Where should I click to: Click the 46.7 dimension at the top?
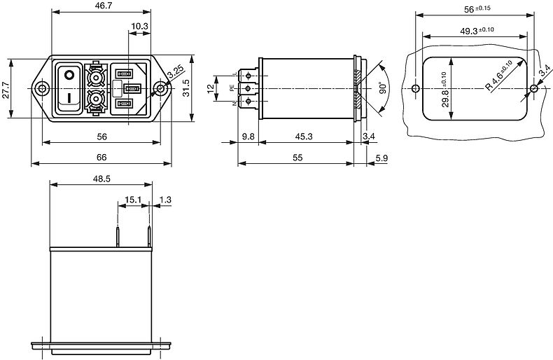(102, 6)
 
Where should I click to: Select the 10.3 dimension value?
(139, 26)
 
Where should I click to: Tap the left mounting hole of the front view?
(43, 89)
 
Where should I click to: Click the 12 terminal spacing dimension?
(209, 88)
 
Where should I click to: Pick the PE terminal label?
(231, 89)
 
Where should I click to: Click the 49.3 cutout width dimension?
(477, 31)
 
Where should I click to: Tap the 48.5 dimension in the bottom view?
(101, 179)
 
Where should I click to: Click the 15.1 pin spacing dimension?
(133, 200)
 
